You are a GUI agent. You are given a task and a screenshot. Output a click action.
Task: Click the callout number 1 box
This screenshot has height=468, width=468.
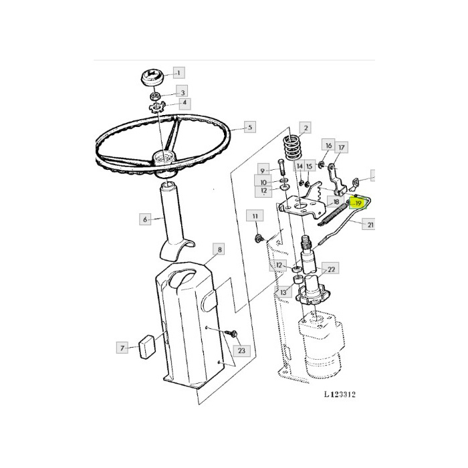pyautogui.click(x=179, y=72)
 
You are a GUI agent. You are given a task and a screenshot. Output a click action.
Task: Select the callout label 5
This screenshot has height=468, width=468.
pyautogui.click(x=248, y=126)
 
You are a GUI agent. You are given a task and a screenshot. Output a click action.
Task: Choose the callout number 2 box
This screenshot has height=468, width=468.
pyautogui.click(x=306, y=127)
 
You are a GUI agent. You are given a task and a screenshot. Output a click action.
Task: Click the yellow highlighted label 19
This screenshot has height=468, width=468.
pyautogui.click(x=358, y=202)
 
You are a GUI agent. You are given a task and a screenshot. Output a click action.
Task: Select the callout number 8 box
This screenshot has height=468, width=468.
pyautogui.click(x=219, y=249)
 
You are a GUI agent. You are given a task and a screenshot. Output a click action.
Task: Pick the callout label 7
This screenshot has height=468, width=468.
pyautogui.click(x=122, y=348)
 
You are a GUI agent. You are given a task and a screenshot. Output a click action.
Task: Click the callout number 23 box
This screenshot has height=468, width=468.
pyautogui.click(x=241, y=350)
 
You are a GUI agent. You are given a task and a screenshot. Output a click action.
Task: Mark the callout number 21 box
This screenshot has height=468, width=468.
pyautogui.click(x=370, y=226)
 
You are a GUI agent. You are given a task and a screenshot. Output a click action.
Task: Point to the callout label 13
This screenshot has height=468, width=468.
pyautogui.click(x=283, y=292)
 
